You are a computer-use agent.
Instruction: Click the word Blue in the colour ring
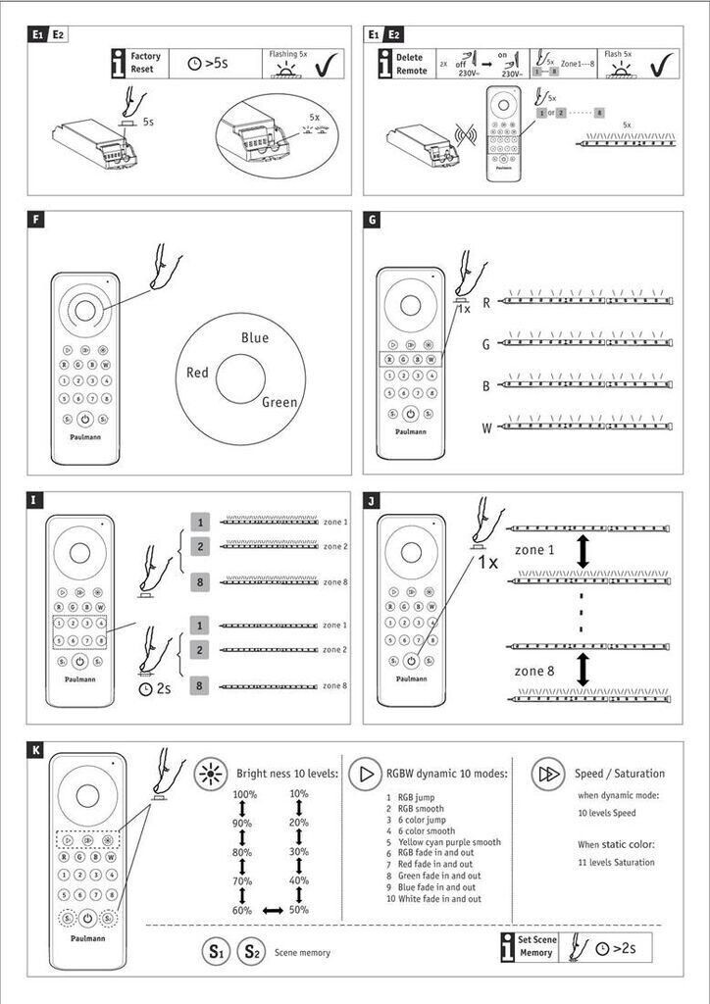254,338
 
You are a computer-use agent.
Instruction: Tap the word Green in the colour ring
279,401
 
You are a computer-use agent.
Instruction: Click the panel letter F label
36,222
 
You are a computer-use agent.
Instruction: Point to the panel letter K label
36,751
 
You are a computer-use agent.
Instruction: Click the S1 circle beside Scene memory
216,951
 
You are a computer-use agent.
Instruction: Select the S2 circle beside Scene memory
251,951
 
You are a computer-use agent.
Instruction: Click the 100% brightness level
244,794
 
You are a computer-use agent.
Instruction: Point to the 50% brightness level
299,910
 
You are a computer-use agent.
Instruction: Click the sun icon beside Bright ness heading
210,774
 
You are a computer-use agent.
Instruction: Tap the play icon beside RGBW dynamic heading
366,774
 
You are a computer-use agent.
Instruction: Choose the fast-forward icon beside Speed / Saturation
546,774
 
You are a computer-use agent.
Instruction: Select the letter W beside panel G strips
485,427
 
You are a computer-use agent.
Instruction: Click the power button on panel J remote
411,661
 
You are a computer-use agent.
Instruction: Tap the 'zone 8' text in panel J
534,671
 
